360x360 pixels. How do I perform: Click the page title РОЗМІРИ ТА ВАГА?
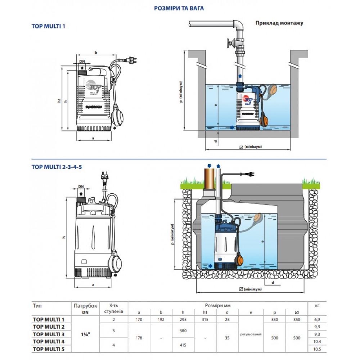pyautogui.click(x=179, y=8)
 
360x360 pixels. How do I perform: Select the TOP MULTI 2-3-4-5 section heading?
pyautogui.click(x=54, y=167)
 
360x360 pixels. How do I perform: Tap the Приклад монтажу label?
pyautogui.click(x=279, y=23)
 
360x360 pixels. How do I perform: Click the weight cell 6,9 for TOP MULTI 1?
pyautogui.click(x=317, y=319)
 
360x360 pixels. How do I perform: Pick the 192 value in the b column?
pyautogui.click(x=161, y=319)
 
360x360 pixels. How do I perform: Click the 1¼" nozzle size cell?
pyautogui.click(x=85, y=334)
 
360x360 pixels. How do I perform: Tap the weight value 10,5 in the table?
pyautogui.click(x=317, y=349)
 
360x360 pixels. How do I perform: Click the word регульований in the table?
pyautogui.click(x=250, y=334)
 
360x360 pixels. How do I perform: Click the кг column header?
pyautogui.click(x=317, y=305)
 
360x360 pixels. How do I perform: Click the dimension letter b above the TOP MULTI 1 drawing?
pyautogui.click(x=96, y=53)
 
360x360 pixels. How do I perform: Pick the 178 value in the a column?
pyautogui.click(x=139, y=338)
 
